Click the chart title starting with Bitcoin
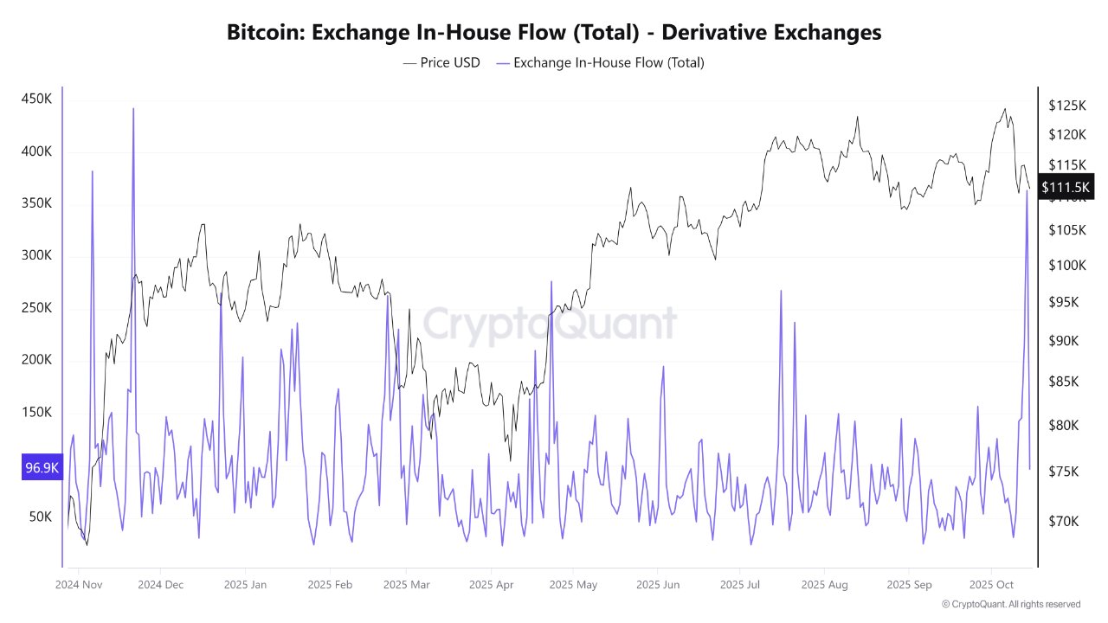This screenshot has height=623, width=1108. [x=554, y=33]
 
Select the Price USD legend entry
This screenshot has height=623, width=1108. [x=441, y=62]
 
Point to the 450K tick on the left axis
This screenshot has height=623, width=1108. [x=36, y=100]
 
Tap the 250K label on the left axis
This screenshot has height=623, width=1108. [x=36, y=308]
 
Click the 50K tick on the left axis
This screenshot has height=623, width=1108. [x=40, y=517]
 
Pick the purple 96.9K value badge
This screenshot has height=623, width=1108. [x=42, y=468]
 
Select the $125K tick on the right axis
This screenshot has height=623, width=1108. [x=1066, y=106]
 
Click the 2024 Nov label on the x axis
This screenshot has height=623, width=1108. [x=80, y=585]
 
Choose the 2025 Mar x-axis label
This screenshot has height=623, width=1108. [x=407, y=585]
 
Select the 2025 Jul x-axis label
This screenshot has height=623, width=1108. [x=742, y=585]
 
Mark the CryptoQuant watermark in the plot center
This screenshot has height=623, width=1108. [x=549, y=324]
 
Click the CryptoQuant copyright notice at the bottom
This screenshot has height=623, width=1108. [x=1010, y=604]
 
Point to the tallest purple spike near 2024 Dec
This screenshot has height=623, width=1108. [x=133, y=109]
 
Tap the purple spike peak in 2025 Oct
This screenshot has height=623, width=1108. [x=1027, y=190]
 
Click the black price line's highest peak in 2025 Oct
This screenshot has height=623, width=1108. [x=1004, y=109]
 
